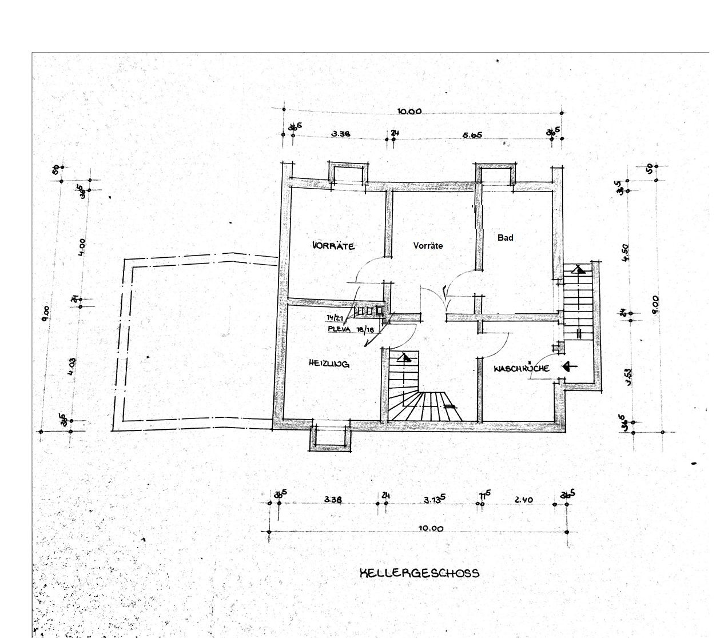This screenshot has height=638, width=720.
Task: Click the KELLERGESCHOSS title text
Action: [x=419, y=573]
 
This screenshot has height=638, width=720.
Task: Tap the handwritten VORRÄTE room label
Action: [x=334, y=246]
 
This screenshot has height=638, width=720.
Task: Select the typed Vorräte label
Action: [x=428, y=246]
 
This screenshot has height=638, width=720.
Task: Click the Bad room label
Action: [x=505, y=238]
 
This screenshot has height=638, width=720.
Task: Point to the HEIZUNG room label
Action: [x=329, y=364]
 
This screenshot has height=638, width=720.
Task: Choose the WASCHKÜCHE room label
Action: [x=522, y=368]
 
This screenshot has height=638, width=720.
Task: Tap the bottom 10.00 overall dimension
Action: [x=431, y=529]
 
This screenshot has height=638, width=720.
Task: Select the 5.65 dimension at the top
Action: [x=473, y=135]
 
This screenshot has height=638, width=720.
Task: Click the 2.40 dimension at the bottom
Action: [x=523, y=500]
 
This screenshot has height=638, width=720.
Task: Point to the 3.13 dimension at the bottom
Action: [x=435, y=500]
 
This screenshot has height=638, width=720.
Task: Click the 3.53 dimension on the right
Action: [x=628, y=378]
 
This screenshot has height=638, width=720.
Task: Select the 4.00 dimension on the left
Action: [x=82, y=247]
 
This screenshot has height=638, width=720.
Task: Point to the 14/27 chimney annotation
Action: [x=335, y=318]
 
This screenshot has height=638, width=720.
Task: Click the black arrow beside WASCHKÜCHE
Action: [x=570, y=366]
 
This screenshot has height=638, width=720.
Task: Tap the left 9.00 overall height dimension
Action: [x=46, y=314]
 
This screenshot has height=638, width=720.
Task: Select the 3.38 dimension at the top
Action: [x=340, y=134]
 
